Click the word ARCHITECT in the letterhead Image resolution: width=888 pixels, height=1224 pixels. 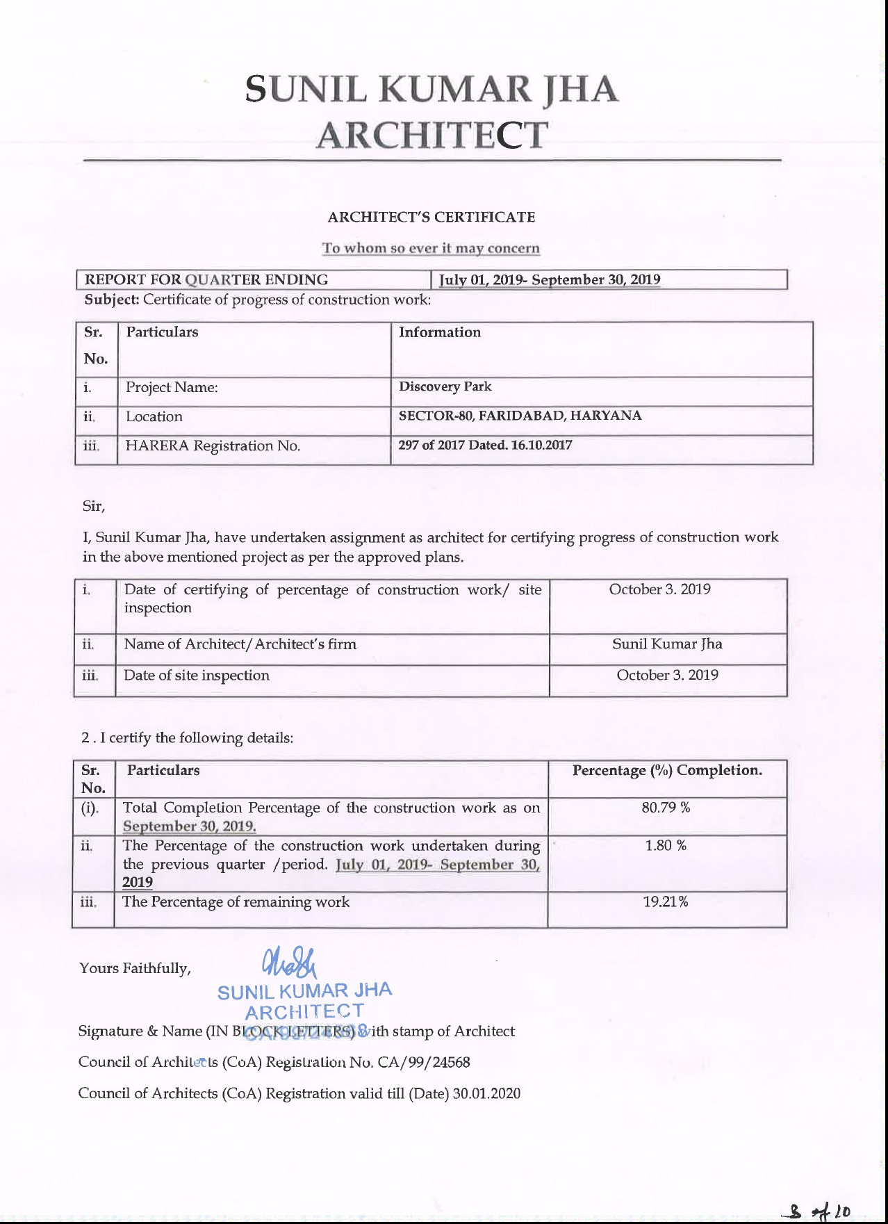(x=431, y=135)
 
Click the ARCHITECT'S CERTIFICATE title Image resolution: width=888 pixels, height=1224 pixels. (x=431, y=217)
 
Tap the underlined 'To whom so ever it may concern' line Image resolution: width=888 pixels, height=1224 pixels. (x=431, y=248)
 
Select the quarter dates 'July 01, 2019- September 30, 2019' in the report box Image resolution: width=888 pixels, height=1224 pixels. (x=550, y=280)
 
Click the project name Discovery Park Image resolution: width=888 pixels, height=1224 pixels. (x=445, y=386)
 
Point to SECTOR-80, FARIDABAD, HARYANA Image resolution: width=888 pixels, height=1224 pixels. (x=520, y=416)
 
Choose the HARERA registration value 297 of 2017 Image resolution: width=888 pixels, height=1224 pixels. (x=485, y=445)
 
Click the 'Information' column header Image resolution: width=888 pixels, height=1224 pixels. (x=439, y=332)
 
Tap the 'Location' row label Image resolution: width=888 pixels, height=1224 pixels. (x=154, y=416)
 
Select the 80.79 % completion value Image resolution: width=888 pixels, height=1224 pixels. (x=666, y=808)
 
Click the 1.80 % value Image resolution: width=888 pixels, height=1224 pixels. (x=666, y=845)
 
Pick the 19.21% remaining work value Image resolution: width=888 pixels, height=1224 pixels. (x=666, y=902)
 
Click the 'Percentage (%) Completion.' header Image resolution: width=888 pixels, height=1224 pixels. (x=667, y=770)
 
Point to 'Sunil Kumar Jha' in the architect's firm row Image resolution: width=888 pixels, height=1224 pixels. (x=667, y=644)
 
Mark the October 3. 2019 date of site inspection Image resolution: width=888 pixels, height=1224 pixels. (x=667, y=675)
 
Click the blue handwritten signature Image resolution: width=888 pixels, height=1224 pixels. (x=288, y=963)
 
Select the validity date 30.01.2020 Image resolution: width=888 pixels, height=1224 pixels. (x=486, y=1093)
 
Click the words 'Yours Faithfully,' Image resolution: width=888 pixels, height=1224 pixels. (x=135, y=968)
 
